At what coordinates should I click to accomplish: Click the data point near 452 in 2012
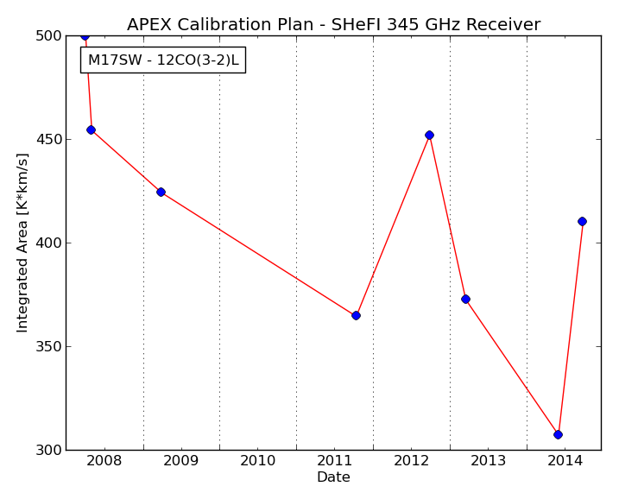(x=430, y=135)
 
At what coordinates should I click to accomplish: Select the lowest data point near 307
(x=558, y=434)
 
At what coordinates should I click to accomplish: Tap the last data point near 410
(x=582, y=222)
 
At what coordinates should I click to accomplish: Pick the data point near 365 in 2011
(x=356, y=315)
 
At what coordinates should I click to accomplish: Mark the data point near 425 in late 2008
(x=161, y=193)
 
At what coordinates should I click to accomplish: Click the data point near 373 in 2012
(x=465, y=300)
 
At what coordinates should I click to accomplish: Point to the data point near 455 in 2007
(x=91, y=129)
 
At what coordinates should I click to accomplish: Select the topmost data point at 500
(x=85, y=36)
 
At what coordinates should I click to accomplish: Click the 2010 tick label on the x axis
(x=257, y=461)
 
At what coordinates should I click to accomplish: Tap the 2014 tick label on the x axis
(x=565, y=461)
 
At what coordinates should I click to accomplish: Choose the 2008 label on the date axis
(x=104, y=461)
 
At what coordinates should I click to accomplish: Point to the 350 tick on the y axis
(x=48, y=346)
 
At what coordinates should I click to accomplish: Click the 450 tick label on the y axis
(x=48, y=140)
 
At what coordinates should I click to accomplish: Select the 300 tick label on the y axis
(x=48, y=450)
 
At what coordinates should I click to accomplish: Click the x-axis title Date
(x=333, y=477)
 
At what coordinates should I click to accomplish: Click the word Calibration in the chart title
(x=224, y=25)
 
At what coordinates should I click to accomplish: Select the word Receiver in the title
(x=503, y=25)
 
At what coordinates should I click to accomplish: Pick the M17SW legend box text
(x=163, y=60)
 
